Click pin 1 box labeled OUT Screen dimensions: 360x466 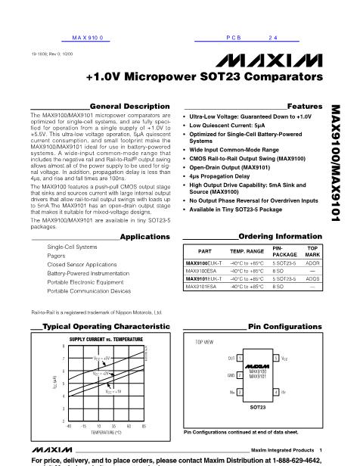coord(240,356)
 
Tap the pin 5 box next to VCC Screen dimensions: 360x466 coord(276,356)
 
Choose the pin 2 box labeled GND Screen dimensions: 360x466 coord(240,373)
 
